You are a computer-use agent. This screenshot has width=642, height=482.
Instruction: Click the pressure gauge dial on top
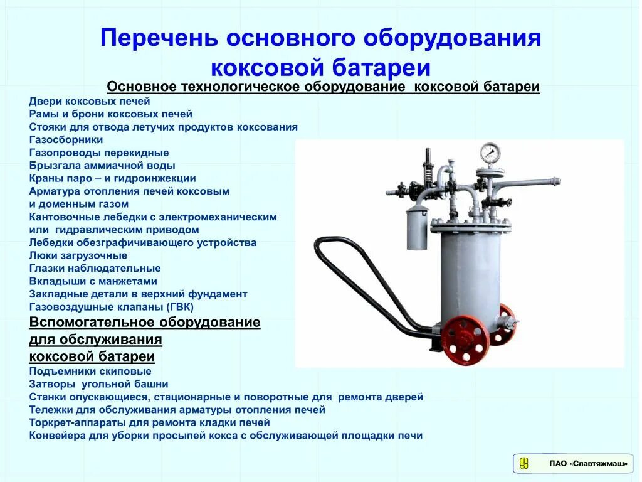pyautogui.click(x=490, y=153)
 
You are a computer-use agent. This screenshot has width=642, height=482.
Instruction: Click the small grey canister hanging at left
pyautogui.click(x=416, y=228)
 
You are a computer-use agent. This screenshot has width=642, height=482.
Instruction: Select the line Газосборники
pyautogui.click(x=66, y=139)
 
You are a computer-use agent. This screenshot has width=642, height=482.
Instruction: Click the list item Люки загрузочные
pyautogui.click(x=78, y=255)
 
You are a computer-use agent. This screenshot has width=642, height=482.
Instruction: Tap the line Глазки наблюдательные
pyautogui.click(x=86, y=268)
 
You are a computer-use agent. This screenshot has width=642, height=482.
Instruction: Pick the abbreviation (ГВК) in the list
pyautogui.click(x=180, y=307)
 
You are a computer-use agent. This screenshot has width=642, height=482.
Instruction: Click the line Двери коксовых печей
pyautogui.click(x=90, y=101)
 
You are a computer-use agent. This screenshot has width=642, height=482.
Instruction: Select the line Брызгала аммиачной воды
pyautogui.click(x=102, y=165)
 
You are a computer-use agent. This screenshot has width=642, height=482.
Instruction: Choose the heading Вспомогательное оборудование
pyautogui.click(x=145, y=323)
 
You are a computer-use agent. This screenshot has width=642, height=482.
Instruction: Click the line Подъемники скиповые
pyautogui.click(x=90, y=371)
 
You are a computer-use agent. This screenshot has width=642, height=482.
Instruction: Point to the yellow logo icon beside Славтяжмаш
pyautogui.click(x=524, y=464)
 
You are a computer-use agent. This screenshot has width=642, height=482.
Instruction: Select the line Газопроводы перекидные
pyautogui.click(x=99, y=153)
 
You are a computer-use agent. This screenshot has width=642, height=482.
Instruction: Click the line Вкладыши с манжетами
pyautogui.click(x=93, y=281)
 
